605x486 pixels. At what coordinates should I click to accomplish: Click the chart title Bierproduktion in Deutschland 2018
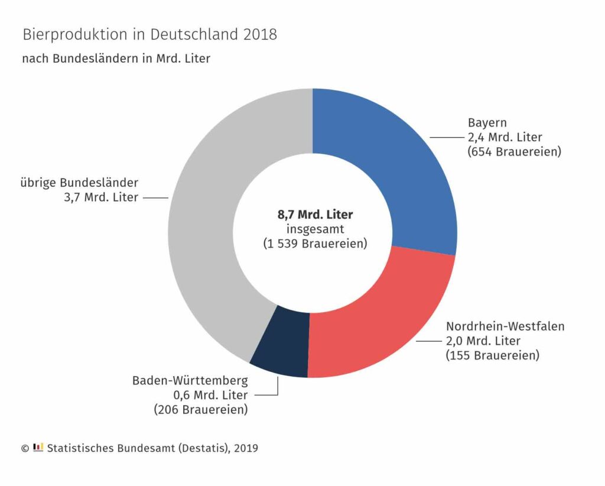(x=149, y=35)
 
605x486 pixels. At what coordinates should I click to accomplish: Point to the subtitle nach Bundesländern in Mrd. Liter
(x=116, y=59)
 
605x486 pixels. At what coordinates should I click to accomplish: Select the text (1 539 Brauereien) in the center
(x=314, y=244)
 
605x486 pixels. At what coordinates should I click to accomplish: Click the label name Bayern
(x=487, y=123)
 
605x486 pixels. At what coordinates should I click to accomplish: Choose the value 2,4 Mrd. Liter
(x=505, y=137)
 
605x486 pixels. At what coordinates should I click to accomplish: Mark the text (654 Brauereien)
(x=514, y=151)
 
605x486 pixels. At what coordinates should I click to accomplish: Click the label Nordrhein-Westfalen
(x=505, y=326)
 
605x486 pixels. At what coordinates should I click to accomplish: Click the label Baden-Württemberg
(x=190, y=380)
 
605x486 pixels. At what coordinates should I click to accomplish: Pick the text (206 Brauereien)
(x=200, y=409)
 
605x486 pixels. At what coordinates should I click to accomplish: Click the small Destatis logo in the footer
(x=38, y=448)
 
